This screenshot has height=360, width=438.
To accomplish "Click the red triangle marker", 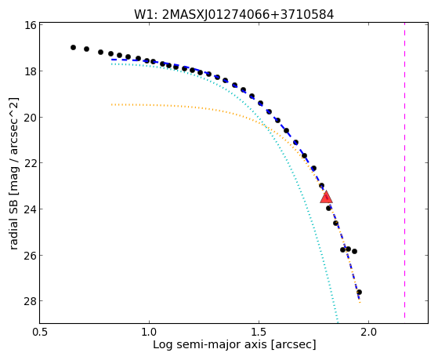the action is [x=326, y=197].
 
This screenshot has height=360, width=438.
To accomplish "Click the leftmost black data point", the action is [x=73, y=47].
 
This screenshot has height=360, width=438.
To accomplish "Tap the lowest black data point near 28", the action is [x=359, y=292].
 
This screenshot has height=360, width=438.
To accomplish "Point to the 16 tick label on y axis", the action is [x=30, y=25].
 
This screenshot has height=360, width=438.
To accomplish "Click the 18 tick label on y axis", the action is [x=30, y=71].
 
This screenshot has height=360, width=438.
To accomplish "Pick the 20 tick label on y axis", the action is [x=30, y=117].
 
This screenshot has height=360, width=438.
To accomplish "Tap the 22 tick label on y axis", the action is [x=30, y=163].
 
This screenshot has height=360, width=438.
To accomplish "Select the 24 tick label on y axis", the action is [x=30, y=209].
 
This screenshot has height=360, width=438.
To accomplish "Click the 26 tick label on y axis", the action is [x=30, y=255].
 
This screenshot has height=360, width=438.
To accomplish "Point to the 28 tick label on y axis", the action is [x=30, y=301].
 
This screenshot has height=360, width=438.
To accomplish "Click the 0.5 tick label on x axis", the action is [x=40, y=332].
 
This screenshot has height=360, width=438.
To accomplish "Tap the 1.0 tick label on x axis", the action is [x=149, y=332].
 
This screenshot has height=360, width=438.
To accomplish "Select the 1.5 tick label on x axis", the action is [x=259, y=332].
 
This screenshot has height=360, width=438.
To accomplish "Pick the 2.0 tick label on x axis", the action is [x=369, y=332].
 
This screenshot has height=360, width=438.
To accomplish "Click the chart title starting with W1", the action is [x=234, y=14].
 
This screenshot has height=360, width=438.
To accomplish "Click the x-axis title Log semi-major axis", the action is [x=234, y=344].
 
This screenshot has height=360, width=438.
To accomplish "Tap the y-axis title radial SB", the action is [x=13, y=173].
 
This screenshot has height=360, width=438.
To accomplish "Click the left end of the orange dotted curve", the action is [x=112, y=104].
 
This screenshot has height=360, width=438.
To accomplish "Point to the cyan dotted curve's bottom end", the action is [x=338, y=322].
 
